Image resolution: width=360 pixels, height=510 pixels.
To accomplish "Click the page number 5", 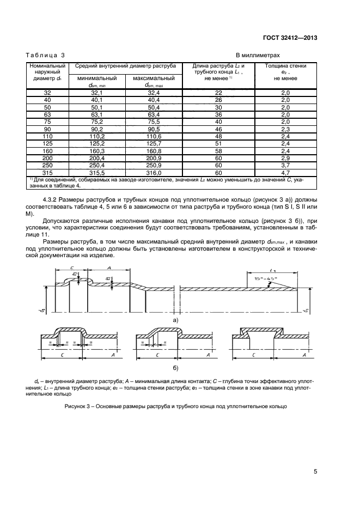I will tap(315, 472).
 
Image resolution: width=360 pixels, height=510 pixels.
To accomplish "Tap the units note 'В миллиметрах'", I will tap(258, 56).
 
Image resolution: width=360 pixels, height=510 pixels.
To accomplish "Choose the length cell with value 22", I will tap(218, 93).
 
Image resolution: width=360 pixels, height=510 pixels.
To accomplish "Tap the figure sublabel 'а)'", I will tap(175, 320).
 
